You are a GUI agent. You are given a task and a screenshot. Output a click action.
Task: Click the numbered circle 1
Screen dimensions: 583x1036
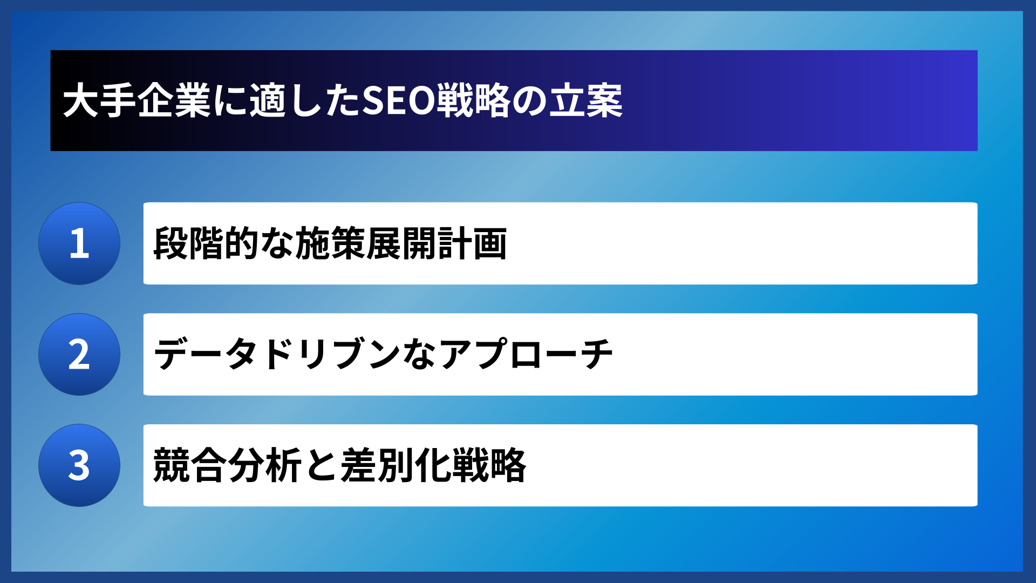pyautogui.click(x=79, y=243)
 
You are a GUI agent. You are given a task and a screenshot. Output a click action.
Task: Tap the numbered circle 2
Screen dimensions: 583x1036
pyautogui.click(x=79, y=355)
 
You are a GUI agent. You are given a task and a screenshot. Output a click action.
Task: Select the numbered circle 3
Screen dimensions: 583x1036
pyautogui.click(x=79, y=465)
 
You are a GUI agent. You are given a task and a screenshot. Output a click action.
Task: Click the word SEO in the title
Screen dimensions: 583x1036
pyautogui.click(x=398, y=101)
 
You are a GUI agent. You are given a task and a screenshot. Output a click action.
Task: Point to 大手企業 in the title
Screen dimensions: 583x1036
pyautogui.click(x=137, y=101)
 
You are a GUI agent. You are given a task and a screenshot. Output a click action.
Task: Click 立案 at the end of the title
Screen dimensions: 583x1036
pyautogui.click(x=586, y=101)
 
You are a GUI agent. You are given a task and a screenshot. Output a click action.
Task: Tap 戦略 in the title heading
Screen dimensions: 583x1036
pyautogui.click(x=473, y=101)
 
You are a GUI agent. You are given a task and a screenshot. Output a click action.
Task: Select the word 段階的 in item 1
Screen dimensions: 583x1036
pyautogui.click(x=206, y=243)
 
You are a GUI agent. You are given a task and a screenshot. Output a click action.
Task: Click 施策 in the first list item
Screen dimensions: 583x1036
pyautogui.click(x=330, y=243)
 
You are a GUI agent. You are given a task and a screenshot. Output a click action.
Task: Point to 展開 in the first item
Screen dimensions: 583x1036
pyautogui.click(x=401, y=243)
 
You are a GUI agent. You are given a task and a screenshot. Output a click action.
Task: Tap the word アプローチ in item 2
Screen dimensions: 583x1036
pyautogui.click(x=527, y=355)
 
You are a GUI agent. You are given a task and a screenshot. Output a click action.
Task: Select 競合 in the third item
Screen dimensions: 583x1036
pyautogui.click(x=189, y=465)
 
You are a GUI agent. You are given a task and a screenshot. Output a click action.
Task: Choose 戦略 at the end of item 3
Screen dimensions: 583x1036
pyautogui.click(x=489, y=465)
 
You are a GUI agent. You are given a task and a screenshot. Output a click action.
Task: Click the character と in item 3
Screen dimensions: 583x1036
pyautogui.click(x=321, y=465)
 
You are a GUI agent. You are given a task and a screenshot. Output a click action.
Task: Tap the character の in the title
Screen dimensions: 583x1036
pyautogui.click(x=529, y=101)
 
